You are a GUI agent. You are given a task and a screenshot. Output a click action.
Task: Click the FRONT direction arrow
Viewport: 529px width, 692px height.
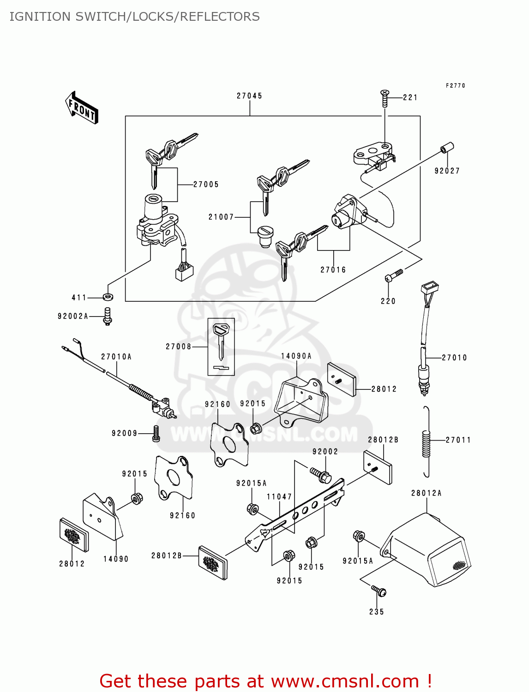[82, 108]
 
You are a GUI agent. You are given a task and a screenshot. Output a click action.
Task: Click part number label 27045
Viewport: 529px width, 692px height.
[249, 96]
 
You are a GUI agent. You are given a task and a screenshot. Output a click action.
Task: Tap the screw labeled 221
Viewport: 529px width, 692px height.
[385, 98]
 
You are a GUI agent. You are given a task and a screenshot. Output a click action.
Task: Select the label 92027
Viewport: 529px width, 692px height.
[447, 171]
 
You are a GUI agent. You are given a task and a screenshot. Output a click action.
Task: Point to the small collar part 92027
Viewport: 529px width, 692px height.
[447, 148]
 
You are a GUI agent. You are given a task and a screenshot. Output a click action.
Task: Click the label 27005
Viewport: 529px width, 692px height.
[206, 185]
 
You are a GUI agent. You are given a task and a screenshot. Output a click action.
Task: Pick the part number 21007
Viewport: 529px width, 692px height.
[221, 217]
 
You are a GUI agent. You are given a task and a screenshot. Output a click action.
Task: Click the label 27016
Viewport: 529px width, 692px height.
[333, 270]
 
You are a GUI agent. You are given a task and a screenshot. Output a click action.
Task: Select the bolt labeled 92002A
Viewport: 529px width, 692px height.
[108, 316]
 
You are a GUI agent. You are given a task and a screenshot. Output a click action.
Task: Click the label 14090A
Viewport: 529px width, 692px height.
[296, 356]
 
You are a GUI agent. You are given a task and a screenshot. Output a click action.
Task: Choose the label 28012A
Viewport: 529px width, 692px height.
[426, 493]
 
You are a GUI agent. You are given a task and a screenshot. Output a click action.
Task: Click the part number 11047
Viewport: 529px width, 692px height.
[279, 497]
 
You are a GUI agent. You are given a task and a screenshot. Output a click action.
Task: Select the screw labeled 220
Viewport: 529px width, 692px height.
[393, 276]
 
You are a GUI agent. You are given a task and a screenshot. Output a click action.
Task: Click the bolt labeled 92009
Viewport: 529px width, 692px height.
[156, 433]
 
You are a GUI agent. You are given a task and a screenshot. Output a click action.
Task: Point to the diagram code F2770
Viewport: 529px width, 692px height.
[455, 86]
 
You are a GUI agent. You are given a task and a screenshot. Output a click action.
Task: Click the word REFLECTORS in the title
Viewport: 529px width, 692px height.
[220, 17]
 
